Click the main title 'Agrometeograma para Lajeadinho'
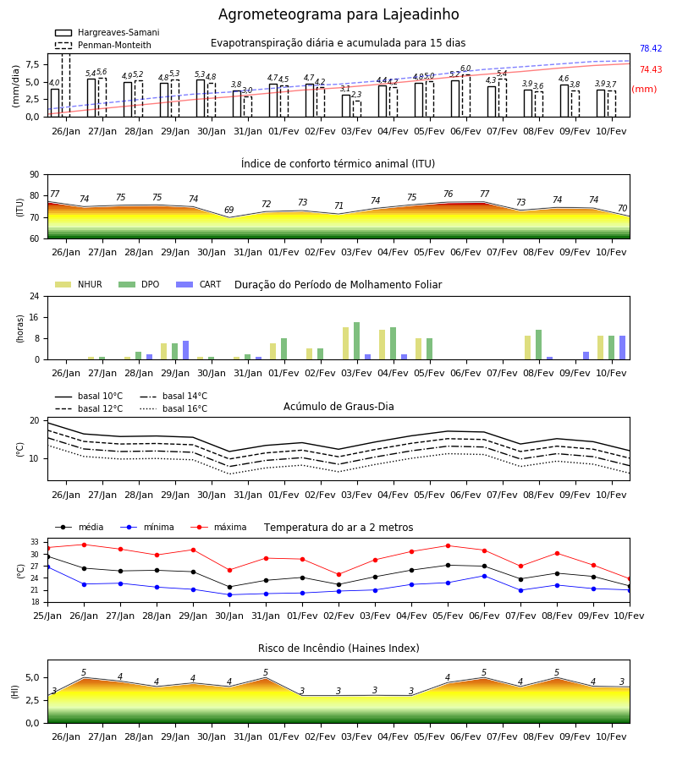pyautogui.click(x=338, y=14)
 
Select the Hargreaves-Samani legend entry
pyautogui.click(x=107, y=32)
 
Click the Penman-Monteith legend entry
pyautogui.click(x=103, y=45)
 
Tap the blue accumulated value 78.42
pyautogui.click(x=651, y=48)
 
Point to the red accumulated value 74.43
pyautogui.click(x=651, y=70)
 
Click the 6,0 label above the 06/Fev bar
pyautogui.click(x=465, y=68)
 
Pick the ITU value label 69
pyautogui.click(x=228, y=211)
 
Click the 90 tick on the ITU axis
pyautogui.click(x=35, y=175)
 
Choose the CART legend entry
pyautogui.click(x=198, y=284)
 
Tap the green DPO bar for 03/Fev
pyautogui.click(x=357, y=341)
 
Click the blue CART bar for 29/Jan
pyautogui.click(x=186, y=350)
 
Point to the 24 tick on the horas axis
pyautogui.click(x=35, y=296)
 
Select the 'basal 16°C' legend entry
pyautogui.click(x=173, y=408)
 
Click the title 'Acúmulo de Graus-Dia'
pyautogui.click(x=338, y=407)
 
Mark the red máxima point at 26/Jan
pyautogui.click(x=84, y=545)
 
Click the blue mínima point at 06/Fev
pyautogui.click(x=484, y=576)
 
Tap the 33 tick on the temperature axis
pyautogui.click(x=35, y=542)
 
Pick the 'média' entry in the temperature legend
pyautogui.click(x=80, y=527)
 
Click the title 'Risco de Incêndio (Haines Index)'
pyautogui.click(x=338, y=649)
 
